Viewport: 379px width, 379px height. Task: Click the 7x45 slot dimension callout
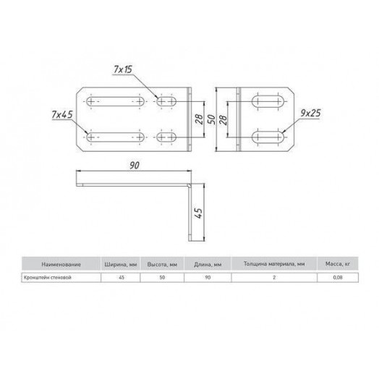coord(63,115)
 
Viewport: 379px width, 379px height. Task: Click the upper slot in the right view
coord(267,101)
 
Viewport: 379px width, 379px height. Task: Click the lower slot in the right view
coord(267,136)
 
